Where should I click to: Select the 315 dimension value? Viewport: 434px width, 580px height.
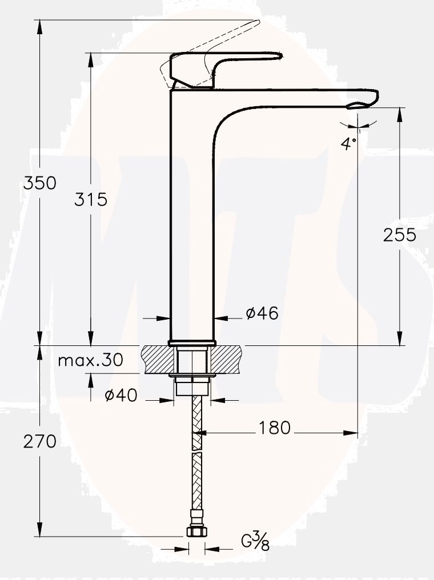click(91, 199)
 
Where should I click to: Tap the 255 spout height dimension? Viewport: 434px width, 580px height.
click(399, 235)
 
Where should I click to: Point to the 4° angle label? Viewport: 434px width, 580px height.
click(349, 143)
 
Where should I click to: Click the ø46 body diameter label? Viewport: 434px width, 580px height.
click(262, 313)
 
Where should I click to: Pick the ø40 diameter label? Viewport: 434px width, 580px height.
click(121, 395)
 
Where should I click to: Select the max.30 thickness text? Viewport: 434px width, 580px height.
click(90, 360)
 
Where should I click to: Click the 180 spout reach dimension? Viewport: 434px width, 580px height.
click(275, 428)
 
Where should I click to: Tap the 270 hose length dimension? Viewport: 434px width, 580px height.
click(39, 441)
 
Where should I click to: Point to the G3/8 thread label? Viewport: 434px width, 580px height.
click(255, 539)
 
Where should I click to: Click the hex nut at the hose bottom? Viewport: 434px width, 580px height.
click(196, 532)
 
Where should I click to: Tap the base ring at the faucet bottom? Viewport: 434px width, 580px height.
click(192, 343)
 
